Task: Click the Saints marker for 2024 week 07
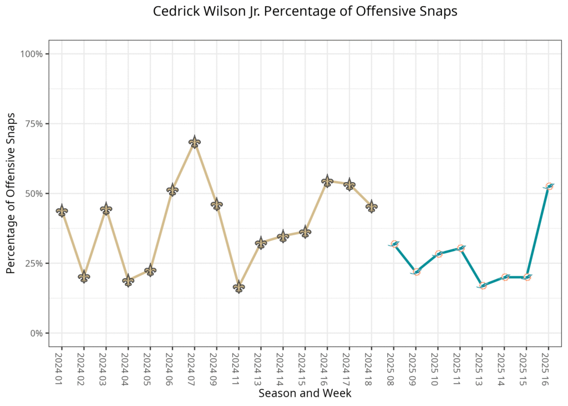(194, 142)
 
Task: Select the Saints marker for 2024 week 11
(239, 287)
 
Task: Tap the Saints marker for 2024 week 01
(62, 210)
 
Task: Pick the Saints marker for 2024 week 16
(327, 181)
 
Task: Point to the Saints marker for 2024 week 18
(372, 207)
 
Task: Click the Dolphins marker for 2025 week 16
(549, 187)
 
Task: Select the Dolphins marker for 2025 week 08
(394, 244)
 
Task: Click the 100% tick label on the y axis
(31, 54)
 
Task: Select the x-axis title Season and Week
(305, 393)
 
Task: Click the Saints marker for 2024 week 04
(128, 280)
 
